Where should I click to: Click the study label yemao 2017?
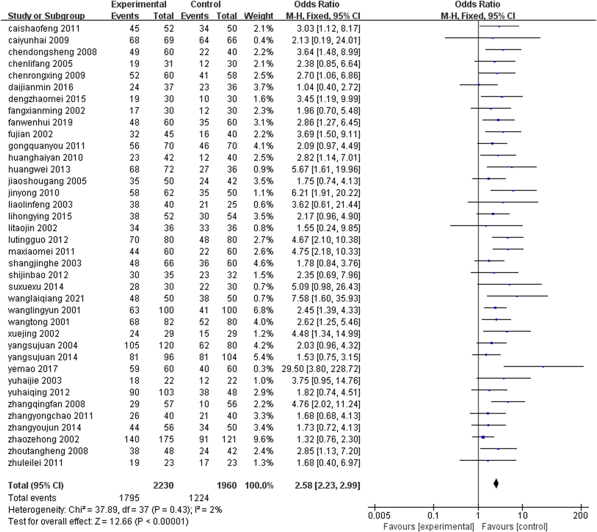point(33,369)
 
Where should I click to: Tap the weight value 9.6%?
point(263,439)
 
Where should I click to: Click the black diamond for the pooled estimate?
point(496,484)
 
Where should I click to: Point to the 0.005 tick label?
point(379,516)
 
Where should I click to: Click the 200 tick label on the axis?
point(580,516)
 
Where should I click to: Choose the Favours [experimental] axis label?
point(429,527)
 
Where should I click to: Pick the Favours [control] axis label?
point(514,527)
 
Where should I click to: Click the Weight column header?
point(258,16)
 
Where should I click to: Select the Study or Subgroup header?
point(46,16)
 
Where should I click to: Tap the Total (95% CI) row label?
point(36,485)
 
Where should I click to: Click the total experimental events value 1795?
point(129,498)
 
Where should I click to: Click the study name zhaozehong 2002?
point(44,439)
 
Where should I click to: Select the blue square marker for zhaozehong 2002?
point(483,437)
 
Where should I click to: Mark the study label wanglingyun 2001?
point(44,310)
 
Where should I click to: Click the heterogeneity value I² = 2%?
point(207,510)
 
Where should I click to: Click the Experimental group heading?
point(138,4)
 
